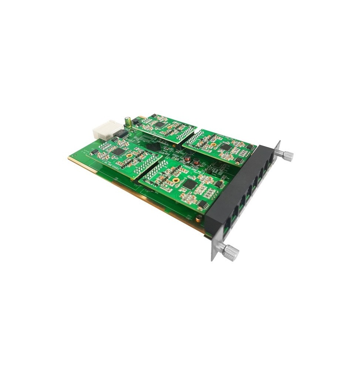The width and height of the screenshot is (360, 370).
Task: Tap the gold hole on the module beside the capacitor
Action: tap(170, 127)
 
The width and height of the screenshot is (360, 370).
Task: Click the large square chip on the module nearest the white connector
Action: tap(117, 151)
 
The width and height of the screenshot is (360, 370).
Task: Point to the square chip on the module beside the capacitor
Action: tap(159, 125)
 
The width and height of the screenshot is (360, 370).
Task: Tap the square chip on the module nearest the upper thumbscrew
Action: tap(225, 147)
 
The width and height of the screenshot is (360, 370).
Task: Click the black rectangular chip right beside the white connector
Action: tap(119, 132)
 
